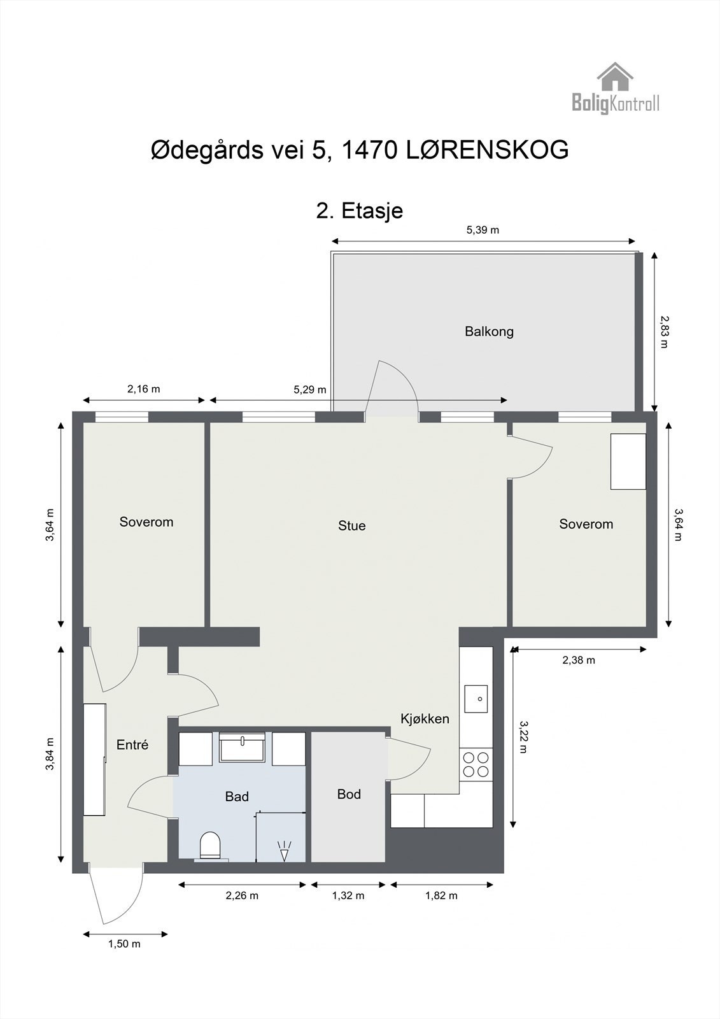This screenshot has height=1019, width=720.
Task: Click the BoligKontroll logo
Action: pyautogui.click(x=615, y=89)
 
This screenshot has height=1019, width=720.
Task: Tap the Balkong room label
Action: pyautogui.click(x=489, y=332)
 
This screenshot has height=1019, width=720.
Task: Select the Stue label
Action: pyautogui.click(x=351, y=526)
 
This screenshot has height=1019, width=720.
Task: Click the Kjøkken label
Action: pyautogui.click(x=425, y=719)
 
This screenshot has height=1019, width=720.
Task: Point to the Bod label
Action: pyautogui.click(x=349, y=794)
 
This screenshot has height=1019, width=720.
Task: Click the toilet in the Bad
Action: pyautogui.click(x=210, y=845)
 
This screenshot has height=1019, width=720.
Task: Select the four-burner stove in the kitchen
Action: pyautogui.click(x=476, y=764)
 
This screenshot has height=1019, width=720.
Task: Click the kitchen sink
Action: pyautogui.click(x=476, y=699)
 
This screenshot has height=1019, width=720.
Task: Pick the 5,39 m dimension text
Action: pyautogui.click(x=483, y=231)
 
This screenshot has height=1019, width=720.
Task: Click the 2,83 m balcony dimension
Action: pyautogui.click(x=664, y=332)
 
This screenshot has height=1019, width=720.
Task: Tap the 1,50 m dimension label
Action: pyautogui.click(x=125, y=944)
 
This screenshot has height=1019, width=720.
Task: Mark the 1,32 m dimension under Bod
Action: pyautogui.click(x=348, y=896)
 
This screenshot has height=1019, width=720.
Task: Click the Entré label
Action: pyautogui.click(x=132, y=745)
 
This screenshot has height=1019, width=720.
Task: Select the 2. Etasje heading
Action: pyautogui.click(x=360, y=210)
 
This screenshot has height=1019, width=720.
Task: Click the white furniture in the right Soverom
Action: pyautogui.click(x=628, y=462)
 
